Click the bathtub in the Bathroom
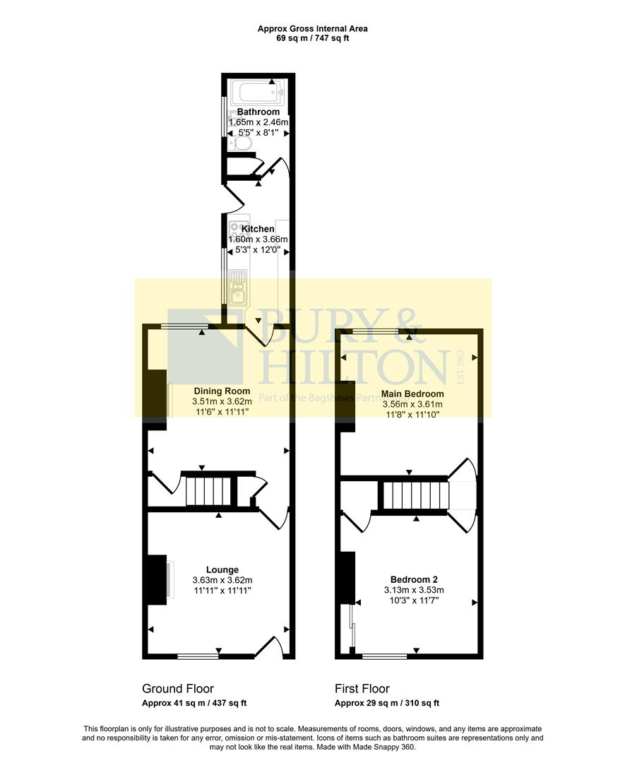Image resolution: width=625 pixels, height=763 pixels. (x=258, y=93)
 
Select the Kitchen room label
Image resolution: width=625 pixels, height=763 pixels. (x=258, y=229)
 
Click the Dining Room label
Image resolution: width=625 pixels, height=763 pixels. (x=222, y=391)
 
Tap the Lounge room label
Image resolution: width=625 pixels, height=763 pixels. (x=222, y=569)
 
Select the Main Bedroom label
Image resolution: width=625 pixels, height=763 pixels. (x=412, y=394)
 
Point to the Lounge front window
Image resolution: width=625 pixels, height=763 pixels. (x=198, y=656)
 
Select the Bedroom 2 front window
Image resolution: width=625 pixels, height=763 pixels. (x=384, y=656)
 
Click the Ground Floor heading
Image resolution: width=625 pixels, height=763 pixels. (x=178, y=688)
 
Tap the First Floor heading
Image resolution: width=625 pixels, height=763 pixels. (x=362, y=688)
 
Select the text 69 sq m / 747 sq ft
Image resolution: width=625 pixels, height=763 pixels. (x=312, y=38)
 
